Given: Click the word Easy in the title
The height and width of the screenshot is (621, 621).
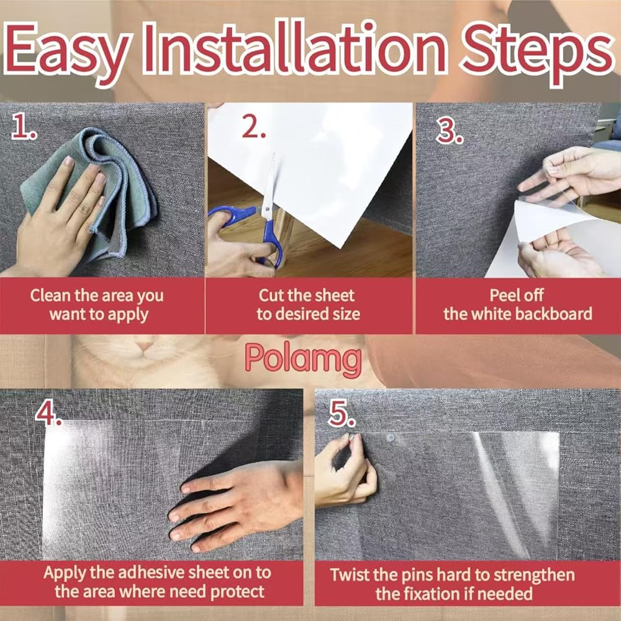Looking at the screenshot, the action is [x=66, y=52].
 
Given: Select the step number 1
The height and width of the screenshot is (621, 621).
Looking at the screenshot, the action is [x=24, y=126].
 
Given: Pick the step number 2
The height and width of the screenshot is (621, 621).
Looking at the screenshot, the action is [x=254, y=127].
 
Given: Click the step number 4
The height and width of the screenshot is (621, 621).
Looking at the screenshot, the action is [x=48, y=413].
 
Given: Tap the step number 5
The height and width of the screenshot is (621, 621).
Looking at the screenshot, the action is [x=342, y=413].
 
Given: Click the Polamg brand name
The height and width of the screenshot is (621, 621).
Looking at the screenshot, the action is [x=303, y=359].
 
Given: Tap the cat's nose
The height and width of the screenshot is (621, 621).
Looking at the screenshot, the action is [x=145, y=347].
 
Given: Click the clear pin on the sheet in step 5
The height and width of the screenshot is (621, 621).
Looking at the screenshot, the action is [x=390, y=438].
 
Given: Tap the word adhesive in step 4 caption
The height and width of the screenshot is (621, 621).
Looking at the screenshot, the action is [x=152, y=573].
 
